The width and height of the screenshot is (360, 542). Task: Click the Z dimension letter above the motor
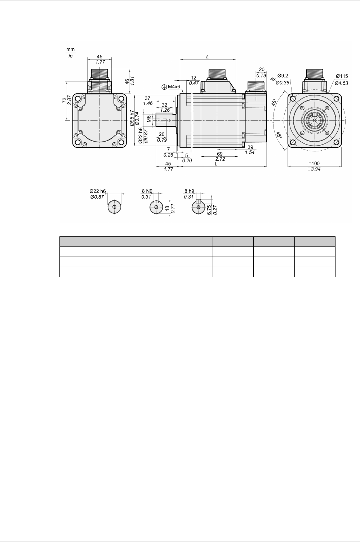(207, 57)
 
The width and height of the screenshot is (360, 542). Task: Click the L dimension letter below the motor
(216, 164)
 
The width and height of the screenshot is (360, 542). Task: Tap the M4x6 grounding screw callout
(174, 86)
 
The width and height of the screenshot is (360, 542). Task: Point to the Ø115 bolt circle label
(342, 76)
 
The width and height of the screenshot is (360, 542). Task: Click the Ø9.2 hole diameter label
(283, 75)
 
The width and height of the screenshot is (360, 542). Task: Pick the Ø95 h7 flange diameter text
(132, 118)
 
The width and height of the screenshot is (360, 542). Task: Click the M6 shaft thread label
(149, 119)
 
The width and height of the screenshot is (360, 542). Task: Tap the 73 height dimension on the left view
(64, 100)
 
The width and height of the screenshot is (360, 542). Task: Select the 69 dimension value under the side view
(220, 154)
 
